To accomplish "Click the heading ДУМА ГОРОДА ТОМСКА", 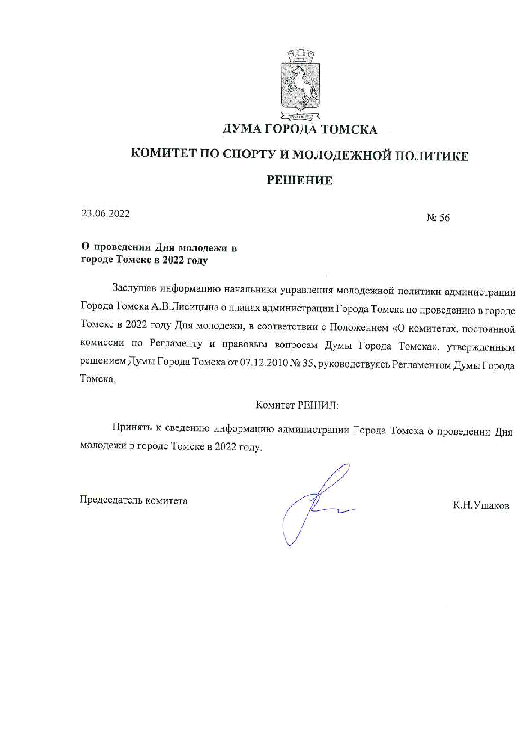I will [300, 129].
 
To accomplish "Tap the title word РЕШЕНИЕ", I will [300, 181].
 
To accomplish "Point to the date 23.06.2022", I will [106, 214].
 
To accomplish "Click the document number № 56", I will [438, 218].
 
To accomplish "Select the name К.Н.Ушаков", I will [481, 506].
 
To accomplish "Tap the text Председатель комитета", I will [134, 500].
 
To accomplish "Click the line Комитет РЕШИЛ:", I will [297, 405].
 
